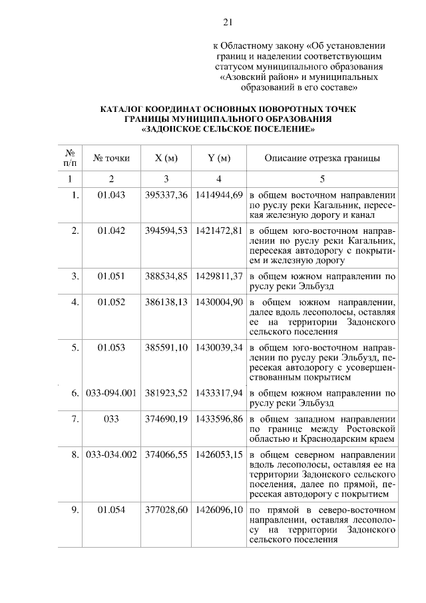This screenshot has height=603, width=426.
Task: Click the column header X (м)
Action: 166,159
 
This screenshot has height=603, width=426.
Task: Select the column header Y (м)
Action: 219,159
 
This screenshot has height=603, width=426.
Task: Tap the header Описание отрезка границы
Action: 322,159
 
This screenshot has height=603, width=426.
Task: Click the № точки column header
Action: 111,159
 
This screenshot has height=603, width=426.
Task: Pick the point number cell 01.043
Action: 111,195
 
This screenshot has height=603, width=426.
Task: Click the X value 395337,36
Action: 166,195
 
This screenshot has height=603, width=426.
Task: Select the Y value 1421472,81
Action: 219,231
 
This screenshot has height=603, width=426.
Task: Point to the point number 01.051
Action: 111,276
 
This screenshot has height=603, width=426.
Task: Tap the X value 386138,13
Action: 166,302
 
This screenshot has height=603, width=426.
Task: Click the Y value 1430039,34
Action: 219,348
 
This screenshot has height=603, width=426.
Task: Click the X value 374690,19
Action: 166,419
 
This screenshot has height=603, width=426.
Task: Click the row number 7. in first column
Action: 75,419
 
